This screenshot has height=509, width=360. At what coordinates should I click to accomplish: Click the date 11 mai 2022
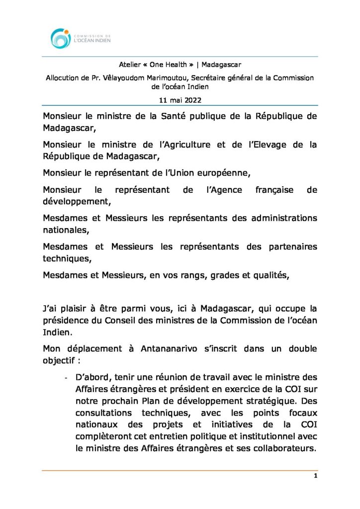(x=180, y=100)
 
